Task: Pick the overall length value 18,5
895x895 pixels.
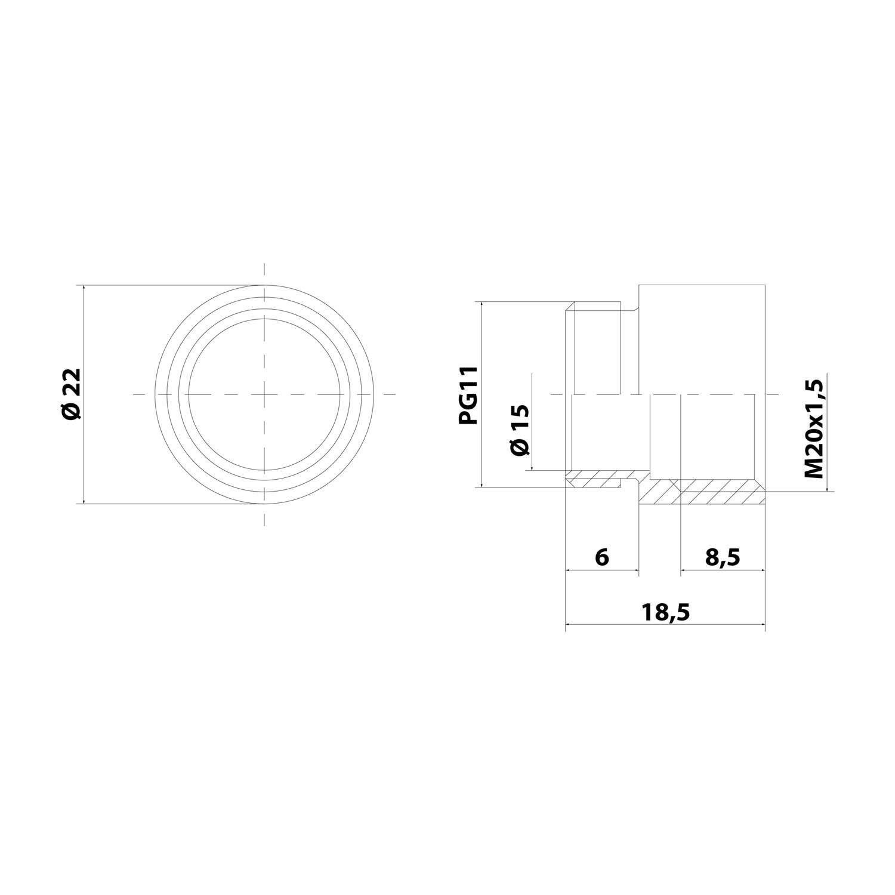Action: click(665, 612)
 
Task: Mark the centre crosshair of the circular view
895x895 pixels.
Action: click(264, 394)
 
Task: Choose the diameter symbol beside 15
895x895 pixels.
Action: click(520, 447)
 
